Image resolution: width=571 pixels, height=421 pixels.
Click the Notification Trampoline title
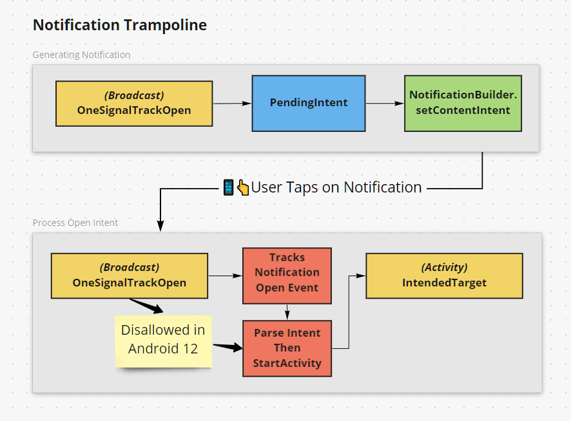[120, 25]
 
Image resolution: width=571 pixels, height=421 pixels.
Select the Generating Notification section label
[81, 55]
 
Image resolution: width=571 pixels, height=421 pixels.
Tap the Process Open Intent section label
[75, 223]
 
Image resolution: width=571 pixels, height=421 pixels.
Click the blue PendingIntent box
[308, 103]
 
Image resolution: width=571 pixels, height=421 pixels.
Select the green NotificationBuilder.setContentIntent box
[462, 103]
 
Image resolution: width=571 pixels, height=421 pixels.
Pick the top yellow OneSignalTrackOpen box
[134, 103]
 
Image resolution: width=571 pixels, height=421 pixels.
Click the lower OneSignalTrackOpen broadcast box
[130, 276]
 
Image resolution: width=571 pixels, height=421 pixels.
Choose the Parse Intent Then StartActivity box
[287, 348]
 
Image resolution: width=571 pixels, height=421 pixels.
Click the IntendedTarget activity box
[444, 276]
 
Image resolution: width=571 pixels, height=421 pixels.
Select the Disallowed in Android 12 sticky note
[164, 341]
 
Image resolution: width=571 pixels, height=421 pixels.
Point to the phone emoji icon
[229, 187]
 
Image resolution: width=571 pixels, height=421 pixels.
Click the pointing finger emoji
[243, 187]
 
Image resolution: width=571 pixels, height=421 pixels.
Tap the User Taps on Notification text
[336, 187]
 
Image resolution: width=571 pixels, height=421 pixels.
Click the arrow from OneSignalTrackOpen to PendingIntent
[232, 103]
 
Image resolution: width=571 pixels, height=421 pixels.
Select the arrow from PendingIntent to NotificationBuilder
[385, 103]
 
